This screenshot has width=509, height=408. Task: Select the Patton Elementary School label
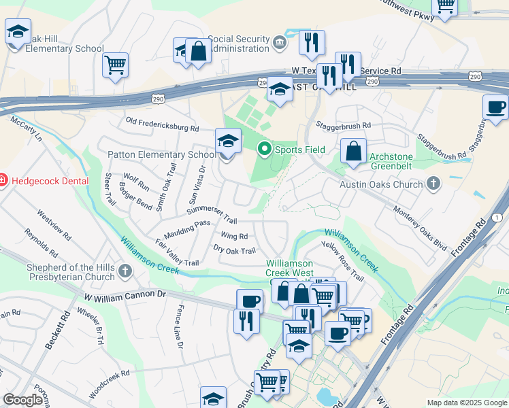[x=161, y=154]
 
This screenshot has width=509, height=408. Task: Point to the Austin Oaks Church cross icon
[x=433, y=184]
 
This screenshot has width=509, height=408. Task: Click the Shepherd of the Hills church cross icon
[x=125, y=272]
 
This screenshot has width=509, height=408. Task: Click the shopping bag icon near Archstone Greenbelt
[x=354, y=152]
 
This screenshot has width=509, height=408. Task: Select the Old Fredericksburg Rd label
[x=163, y=124]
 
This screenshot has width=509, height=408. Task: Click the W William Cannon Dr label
[x=125, y=296]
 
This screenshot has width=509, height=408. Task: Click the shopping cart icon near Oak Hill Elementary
[x=116, y=66]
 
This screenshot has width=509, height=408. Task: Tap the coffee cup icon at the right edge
[x=495, y=107]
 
